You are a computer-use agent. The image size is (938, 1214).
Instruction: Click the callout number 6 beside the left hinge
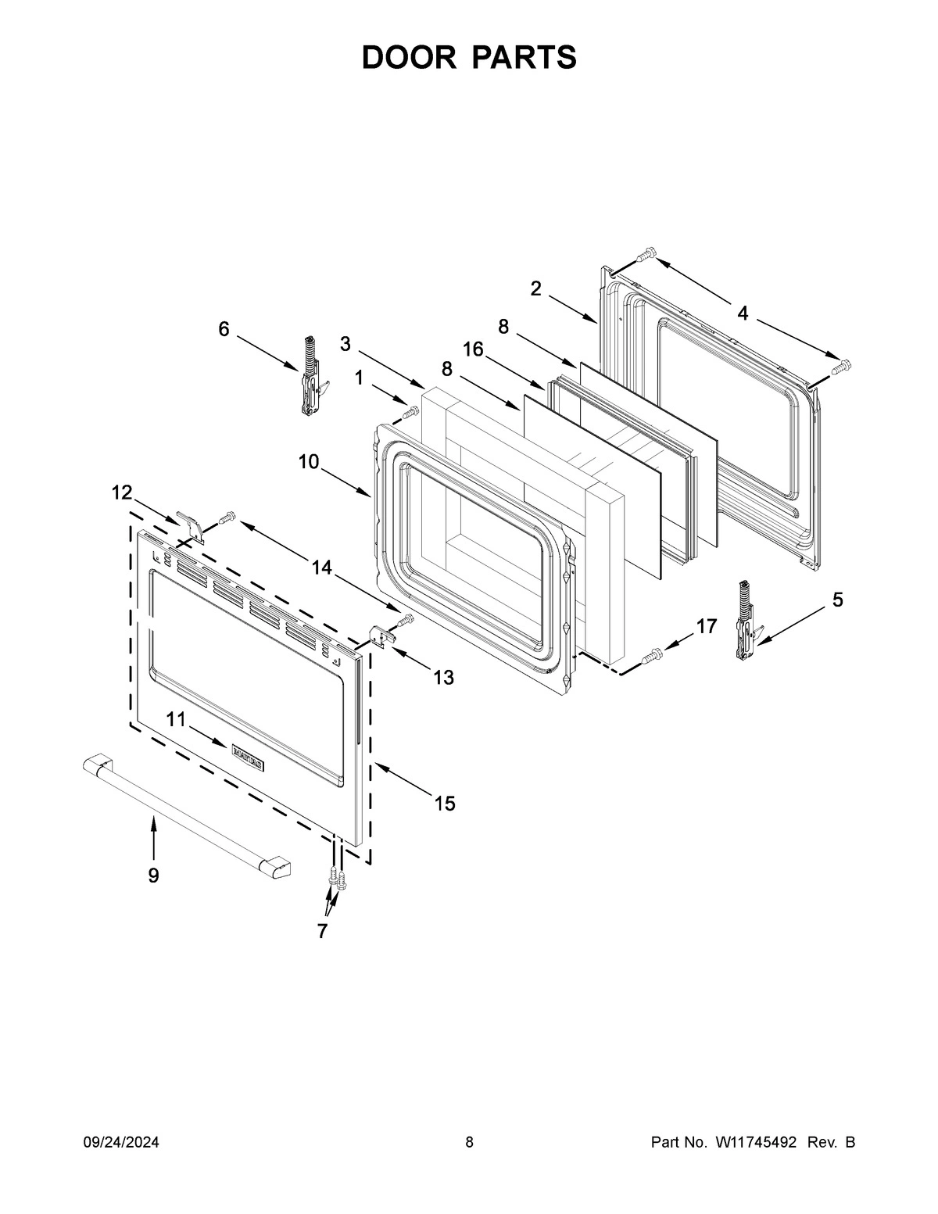pos(224,329)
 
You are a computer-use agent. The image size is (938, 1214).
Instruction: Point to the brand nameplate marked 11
pos(247,755)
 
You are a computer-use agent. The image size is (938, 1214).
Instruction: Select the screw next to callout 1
pos(409,412)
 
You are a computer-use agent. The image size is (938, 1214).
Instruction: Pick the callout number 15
pos(445,803)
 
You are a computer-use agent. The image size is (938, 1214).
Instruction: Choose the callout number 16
pos(473,349)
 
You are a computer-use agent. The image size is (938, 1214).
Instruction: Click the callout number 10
pos(309,461)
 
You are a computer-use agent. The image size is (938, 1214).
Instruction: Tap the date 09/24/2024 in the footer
pos(121,1143)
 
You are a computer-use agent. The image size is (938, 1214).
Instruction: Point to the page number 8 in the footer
pos(469,1143)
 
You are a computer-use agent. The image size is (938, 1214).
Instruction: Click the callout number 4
pos(742,313)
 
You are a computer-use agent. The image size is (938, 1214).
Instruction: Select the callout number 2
pos(535,288)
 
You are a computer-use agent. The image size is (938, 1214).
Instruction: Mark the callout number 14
pos(322,568)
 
